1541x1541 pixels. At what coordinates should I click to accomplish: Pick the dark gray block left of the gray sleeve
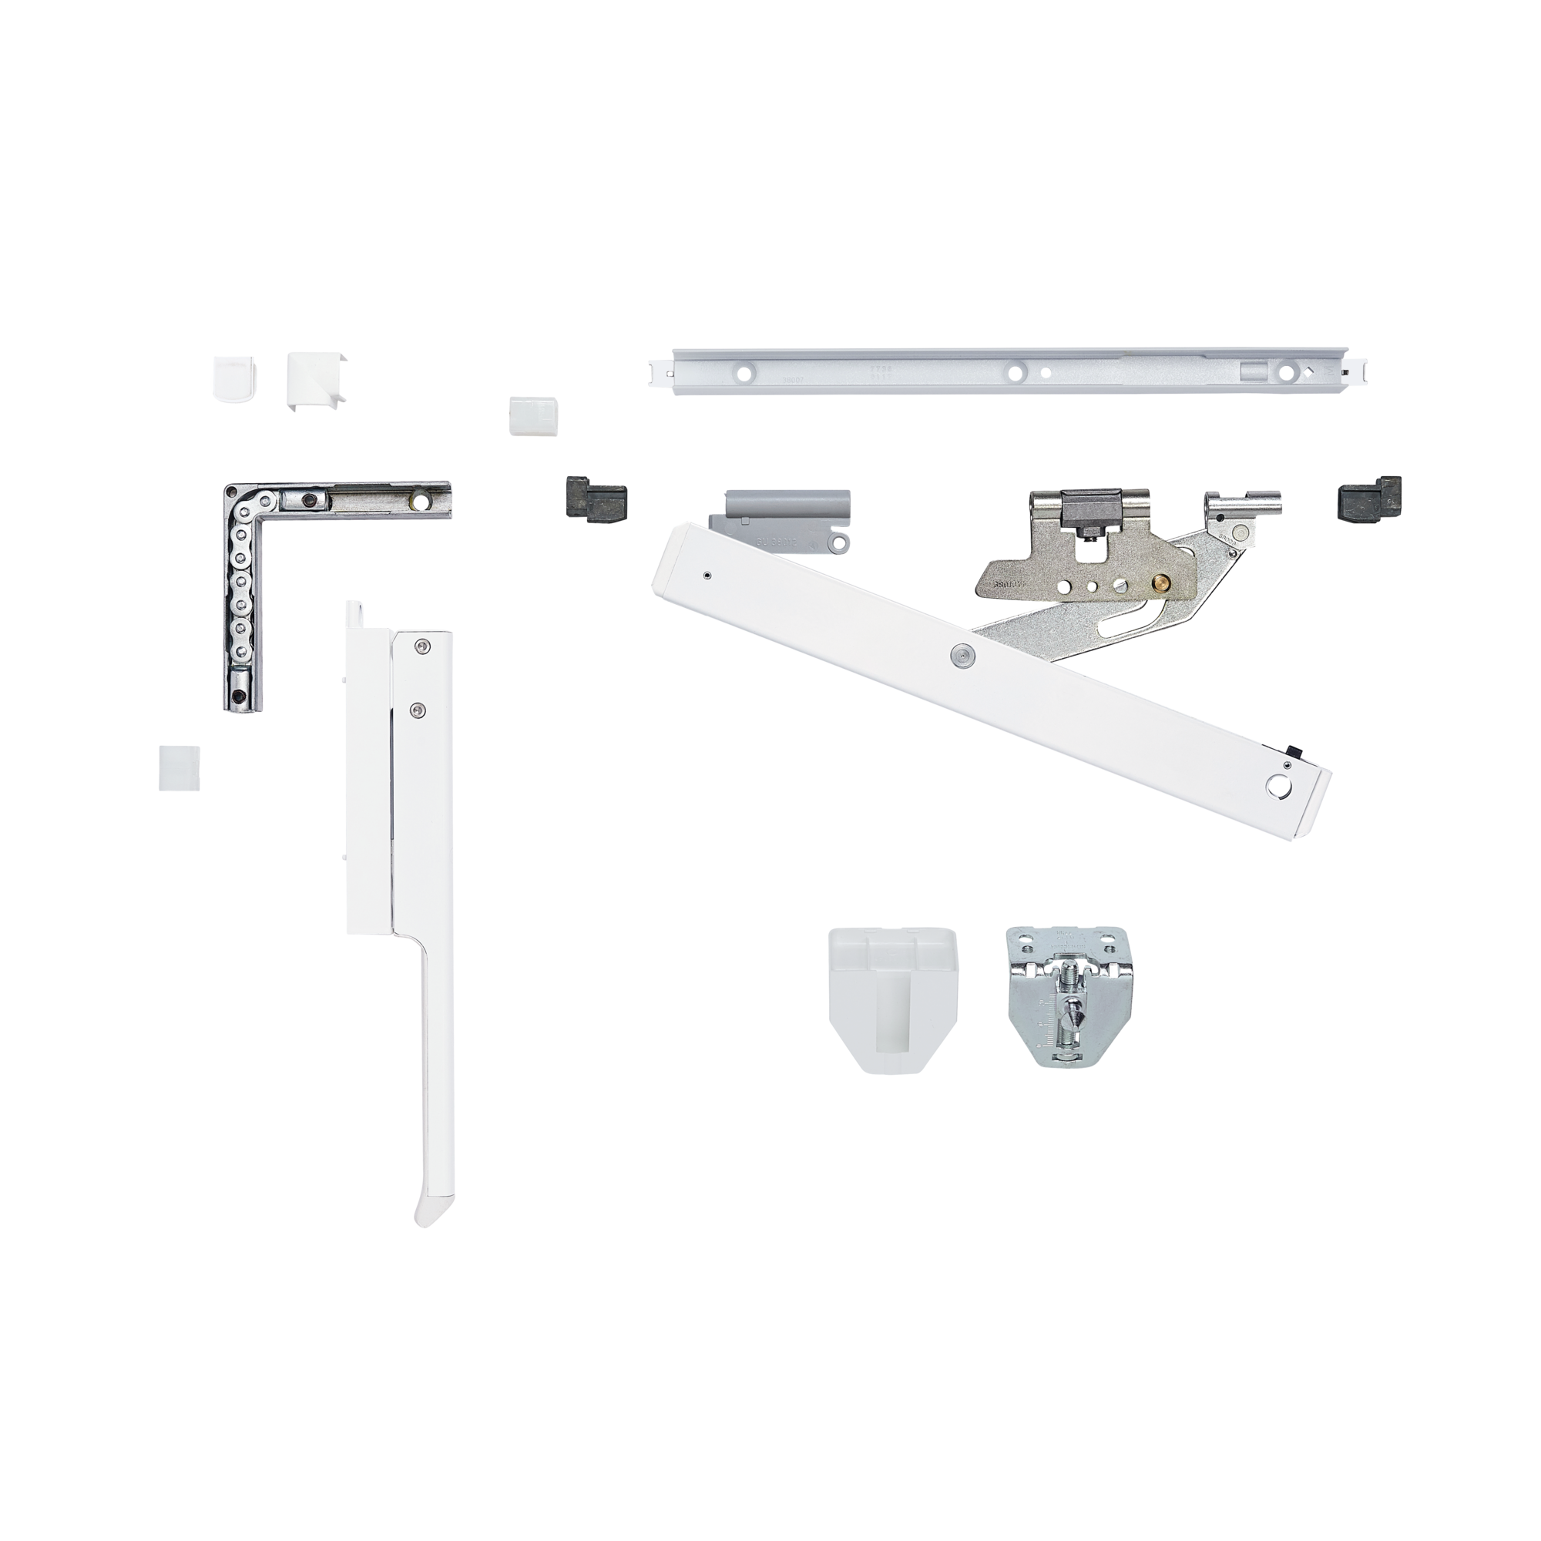pos(594,499)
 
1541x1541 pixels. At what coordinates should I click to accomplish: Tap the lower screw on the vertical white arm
pos(416,708)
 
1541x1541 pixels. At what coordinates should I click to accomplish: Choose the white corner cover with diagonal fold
pos(316,379)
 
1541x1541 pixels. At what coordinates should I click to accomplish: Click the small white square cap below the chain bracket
pos(180,767)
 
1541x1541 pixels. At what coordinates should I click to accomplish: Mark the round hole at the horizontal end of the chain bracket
pos(418,501)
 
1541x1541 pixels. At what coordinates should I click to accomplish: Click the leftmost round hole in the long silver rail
pos(744,372)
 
